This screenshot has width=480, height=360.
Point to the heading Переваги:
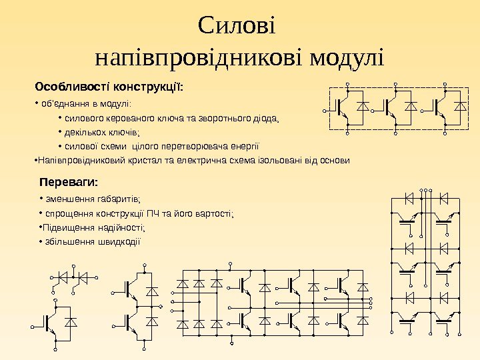(69, 181)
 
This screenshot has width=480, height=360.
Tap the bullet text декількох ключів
(109, 133)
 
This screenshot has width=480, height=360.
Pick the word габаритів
(121, 199)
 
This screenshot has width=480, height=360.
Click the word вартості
(213, 213)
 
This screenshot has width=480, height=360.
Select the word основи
(333, 161)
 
